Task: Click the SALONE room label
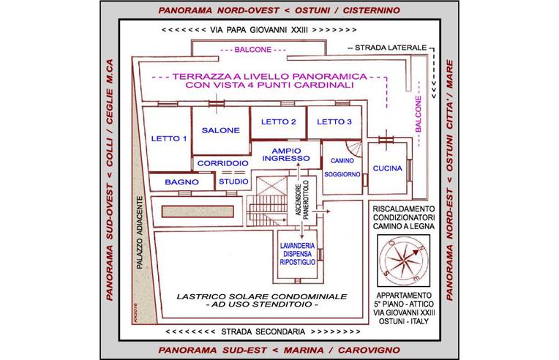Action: coord(220,130)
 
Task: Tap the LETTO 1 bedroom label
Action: coord(169,138)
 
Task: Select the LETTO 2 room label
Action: coord(278,121)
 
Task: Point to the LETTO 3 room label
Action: coord(334,121)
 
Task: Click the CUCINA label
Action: coord(388,169)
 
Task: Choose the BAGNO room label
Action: coord(178,181)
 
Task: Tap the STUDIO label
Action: coord(233,181)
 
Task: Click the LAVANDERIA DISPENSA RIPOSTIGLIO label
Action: coord(296,252)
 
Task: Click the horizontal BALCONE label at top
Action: coord(252,50)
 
